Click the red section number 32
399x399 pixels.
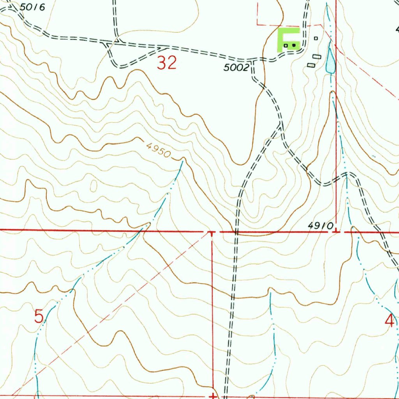tap(167, 63)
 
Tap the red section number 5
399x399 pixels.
tap(39, 316)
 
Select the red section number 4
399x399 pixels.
tap(389, 321)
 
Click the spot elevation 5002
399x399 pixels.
tap(236, 68)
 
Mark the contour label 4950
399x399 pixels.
tap(159, 150)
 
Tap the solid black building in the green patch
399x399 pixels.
tap(294, 46)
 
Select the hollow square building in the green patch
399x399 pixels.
tap(286, 46)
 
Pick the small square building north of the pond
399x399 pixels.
tap(316, 38)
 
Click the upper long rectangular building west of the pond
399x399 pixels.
tap(317, 57)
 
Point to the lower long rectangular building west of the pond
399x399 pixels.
tap(311, 65)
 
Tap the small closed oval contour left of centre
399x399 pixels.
tap(94, 186)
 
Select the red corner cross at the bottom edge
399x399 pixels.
tap(213, 395)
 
